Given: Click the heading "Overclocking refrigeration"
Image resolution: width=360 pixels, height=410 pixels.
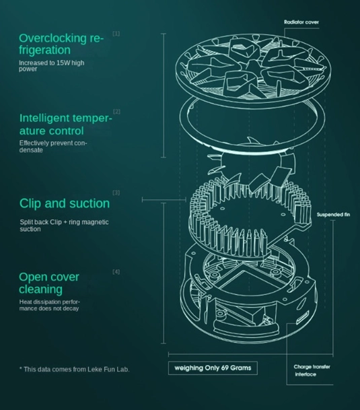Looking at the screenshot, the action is tap(61, 44).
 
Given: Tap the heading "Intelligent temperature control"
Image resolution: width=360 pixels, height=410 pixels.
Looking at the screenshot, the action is tap(66, 124).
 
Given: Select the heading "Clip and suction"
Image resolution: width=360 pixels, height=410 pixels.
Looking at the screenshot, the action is tap(65, 203).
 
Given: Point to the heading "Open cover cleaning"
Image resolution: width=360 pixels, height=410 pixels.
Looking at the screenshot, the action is tap(49, 283).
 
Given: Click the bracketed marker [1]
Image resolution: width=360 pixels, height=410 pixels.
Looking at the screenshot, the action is tap(116, 34).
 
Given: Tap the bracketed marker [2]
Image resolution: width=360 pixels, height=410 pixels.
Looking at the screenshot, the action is tap(116, 111).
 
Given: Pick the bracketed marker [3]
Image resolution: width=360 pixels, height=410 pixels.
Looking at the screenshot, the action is tap(116, 193).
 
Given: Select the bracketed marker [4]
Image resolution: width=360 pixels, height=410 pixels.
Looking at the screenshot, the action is tap(116, 272).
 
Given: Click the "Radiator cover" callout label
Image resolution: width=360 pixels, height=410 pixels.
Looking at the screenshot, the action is tap(301, 22).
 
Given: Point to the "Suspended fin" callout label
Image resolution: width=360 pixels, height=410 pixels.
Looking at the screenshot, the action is tap(333, 215).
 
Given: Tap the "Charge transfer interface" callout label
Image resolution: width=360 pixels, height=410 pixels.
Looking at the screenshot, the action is tap(312, 370).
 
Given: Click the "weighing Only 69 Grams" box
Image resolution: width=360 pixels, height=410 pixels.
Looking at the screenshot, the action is tap(213, 368).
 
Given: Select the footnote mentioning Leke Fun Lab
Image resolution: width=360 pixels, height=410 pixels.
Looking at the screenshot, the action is tap(75, 369).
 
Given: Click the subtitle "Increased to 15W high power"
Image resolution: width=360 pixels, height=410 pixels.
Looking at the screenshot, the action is tap(52, 65).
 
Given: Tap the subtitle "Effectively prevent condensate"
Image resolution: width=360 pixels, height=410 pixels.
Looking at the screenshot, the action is tap(53, 147).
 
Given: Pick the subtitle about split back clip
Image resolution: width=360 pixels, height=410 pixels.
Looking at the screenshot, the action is tap(64, 226).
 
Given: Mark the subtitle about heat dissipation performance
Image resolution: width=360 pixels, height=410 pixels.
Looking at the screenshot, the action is tap(49, 305).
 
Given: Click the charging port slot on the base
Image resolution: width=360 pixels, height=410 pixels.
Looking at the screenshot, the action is tap(302, 318).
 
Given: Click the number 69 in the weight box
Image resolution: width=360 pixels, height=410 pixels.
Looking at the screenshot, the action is tap(225, 368).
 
